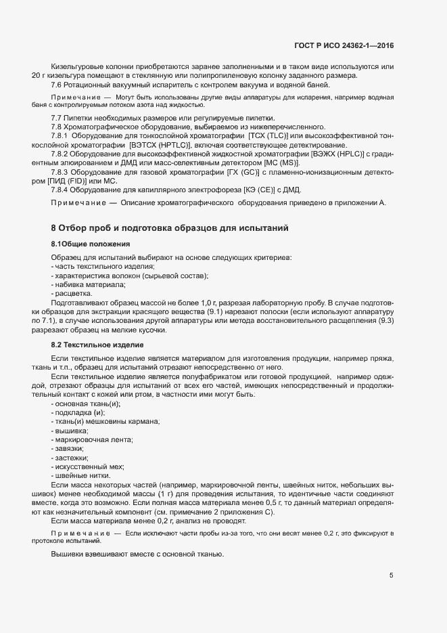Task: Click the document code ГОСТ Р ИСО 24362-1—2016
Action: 344,45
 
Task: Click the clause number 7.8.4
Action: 62,190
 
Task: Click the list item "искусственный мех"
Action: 89,467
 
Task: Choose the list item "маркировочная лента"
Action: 93,440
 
